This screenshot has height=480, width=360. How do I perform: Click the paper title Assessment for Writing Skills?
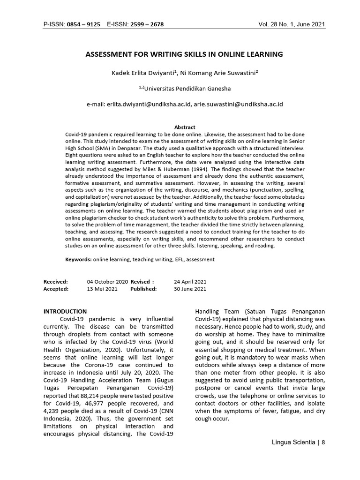coord(184,54)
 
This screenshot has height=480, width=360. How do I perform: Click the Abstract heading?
coord(185,127)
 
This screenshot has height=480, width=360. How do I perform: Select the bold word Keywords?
coord(78,259)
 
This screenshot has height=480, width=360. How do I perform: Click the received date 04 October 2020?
coord(107,282)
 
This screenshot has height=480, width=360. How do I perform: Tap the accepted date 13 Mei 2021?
coord(102,289)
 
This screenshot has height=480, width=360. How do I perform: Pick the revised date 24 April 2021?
coord(190,282)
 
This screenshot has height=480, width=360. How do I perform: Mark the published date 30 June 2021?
coord(190,289)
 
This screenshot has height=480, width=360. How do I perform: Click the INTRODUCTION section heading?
coord(65,311)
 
